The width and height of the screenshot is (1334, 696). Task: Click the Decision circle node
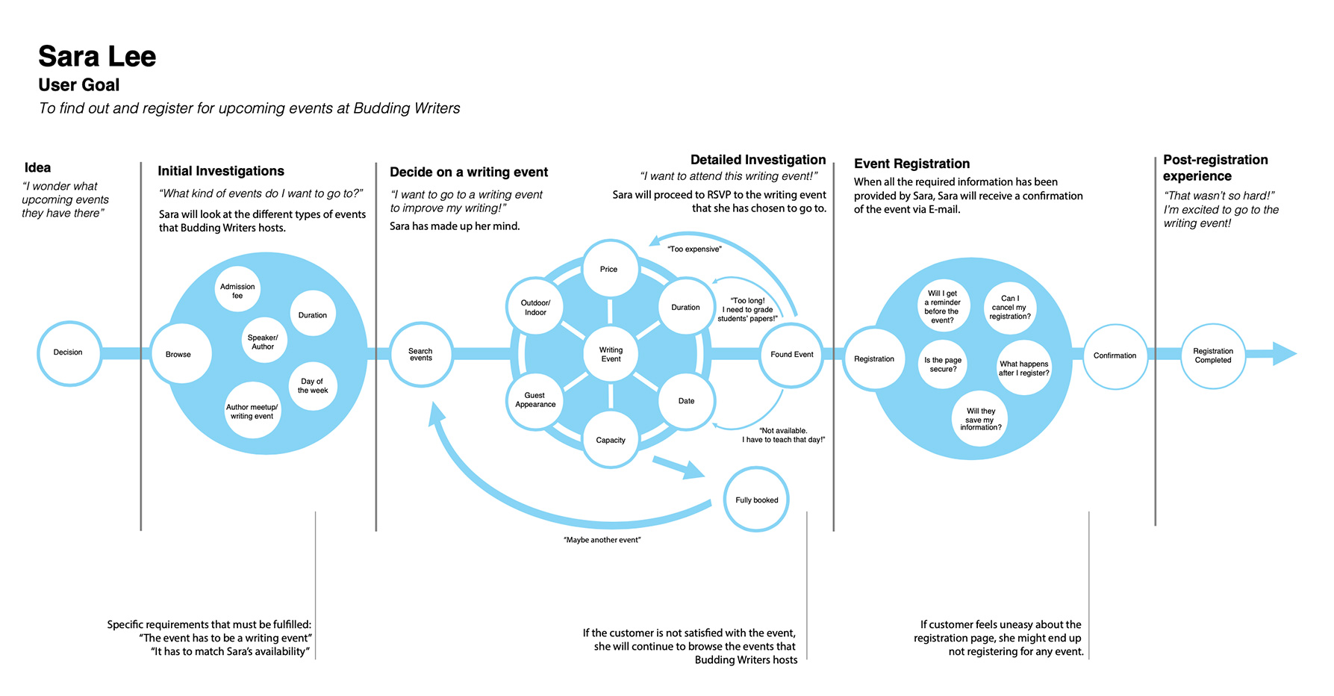[x=69, y=353]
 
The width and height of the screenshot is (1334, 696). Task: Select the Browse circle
[x=180, y=354]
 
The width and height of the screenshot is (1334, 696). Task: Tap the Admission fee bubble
[x=237, y=290]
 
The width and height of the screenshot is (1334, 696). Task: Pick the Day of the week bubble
[x=313, y=385]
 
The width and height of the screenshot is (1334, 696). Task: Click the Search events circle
[x=421, y=354]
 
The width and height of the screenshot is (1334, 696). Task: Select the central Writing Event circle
[x=611, y=354]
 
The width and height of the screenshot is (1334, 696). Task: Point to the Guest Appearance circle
[x=535, y=401]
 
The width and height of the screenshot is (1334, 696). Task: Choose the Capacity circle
[x=611, y=440]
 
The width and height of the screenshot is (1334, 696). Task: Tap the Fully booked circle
[x=756, y=500]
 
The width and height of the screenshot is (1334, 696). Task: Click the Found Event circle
[x=791, y=355]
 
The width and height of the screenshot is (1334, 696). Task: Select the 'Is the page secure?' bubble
[x=943, y=364]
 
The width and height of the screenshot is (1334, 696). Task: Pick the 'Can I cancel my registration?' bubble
[x=1009, y=307]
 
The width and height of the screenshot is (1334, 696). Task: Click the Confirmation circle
[x=1115, y=356]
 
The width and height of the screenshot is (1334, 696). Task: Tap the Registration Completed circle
[x=1212, y=356]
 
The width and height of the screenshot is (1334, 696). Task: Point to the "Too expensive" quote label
[x=694, y=249]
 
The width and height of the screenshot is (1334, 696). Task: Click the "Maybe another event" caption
[x=602, y=540]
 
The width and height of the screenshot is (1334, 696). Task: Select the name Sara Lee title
[x=97, y=57]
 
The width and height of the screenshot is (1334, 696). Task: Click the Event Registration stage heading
[x=911, y=164]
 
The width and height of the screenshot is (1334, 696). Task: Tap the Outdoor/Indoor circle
[x=534, y=307]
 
